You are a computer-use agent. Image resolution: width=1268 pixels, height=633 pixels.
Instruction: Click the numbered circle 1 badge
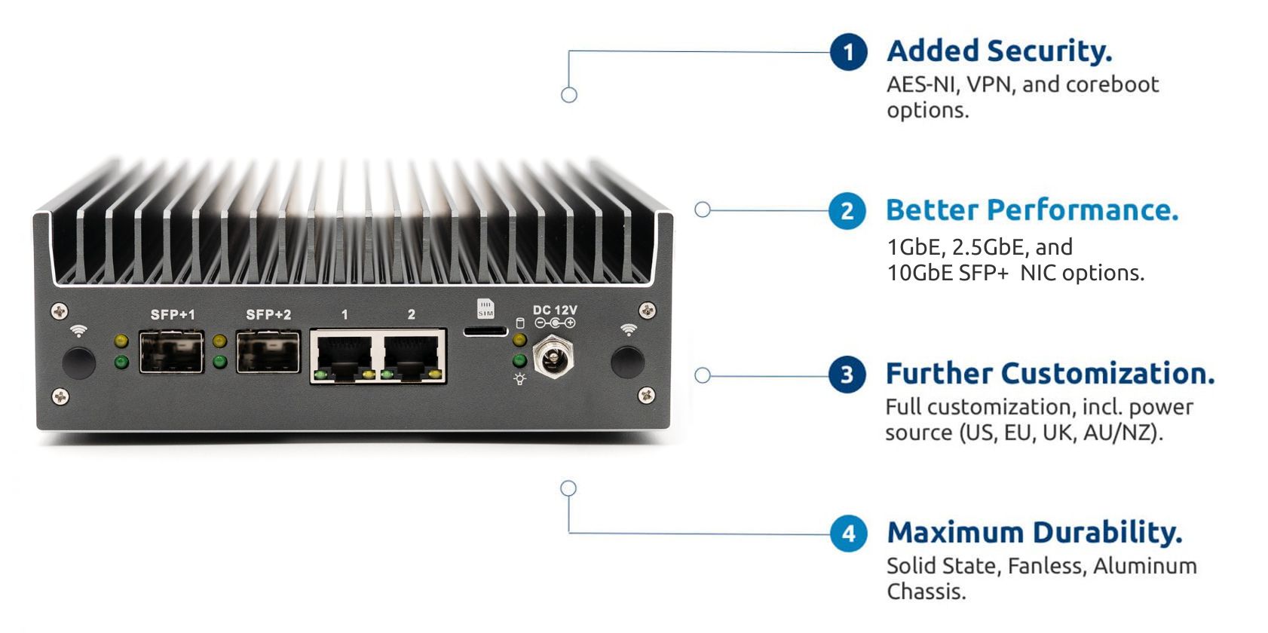click(x=849, y=52)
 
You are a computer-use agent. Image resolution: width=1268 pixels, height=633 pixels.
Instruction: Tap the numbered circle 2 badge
click(x=847, y=211)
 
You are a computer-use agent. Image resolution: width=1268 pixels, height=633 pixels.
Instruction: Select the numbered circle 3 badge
click(x=847, y=374)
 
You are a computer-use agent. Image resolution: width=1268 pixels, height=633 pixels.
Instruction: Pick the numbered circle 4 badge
click(x=849, y=533)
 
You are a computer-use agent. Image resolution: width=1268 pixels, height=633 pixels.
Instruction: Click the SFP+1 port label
click(x=173, y=314)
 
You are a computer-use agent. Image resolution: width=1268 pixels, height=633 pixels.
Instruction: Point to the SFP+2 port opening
click(x=268, y=352)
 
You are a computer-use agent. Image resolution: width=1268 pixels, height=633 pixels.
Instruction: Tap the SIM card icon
click(x=485, y=309)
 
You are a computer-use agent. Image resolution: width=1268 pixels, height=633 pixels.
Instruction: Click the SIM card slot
click(x=485, y=332)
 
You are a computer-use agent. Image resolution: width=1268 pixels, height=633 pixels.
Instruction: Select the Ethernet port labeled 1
click(x=343, y=356)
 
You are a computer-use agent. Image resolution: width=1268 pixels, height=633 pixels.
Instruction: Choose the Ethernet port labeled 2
click(x=412, y=356)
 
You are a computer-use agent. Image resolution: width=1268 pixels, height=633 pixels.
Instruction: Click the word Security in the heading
click(x=1050, y=52)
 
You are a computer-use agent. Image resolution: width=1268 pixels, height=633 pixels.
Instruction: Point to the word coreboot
click(x=1113, y=84)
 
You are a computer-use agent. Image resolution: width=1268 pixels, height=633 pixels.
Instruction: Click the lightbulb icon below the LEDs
click(x=519, y=379)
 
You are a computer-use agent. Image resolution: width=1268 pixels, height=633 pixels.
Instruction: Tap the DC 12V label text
click(x=555, y=310)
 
